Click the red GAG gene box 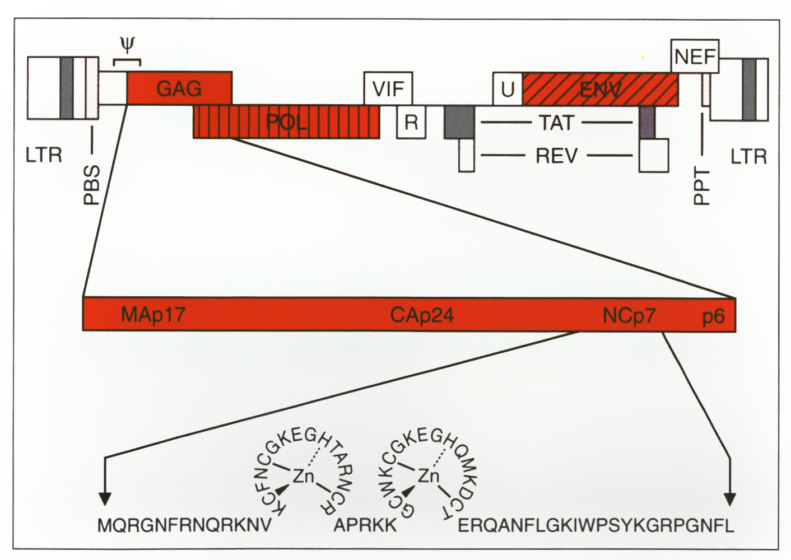click(179, 88)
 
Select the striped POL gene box click(286, 122)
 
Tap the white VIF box click(388, 88)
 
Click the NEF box click(695, 56)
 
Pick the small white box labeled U click(508, 89)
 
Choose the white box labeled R click(411, 122)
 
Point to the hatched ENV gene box click(601, 89)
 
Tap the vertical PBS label click(91, 185)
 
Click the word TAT click(556, 123)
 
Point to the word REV click(556, 156)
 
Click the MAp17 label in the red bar click(153, 314)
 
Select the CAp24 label click(422, 315)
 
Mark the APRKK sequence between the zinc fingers click(365, 526)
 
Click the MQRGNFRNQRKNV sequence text click(184, 526)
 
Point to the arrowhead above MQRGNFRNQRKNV click(105, 499)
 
